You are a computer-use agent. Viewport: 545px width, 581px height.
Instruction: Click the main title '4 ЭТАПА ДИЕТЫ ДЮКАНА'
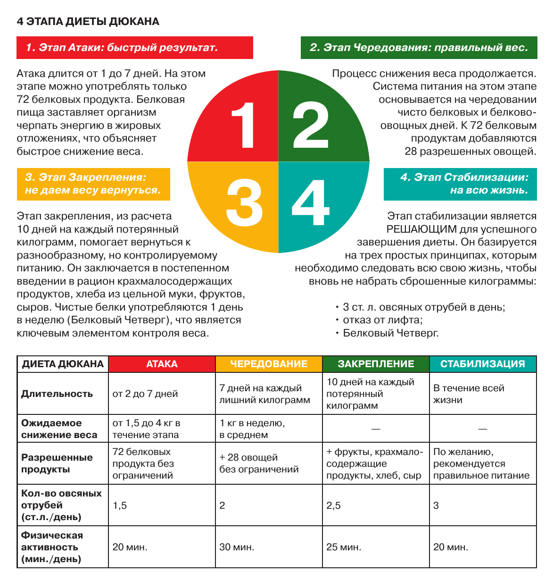click(88, 22)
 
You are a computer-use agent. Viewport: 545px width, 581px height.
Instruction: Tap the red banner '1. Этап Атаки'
click(134, 48)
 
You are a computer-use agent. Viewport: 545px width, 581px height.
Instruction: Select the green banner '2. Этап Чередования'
click(419, 48)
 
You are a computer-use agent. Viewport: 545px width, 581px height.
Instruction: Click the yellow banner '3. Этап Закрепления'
click(93, 184)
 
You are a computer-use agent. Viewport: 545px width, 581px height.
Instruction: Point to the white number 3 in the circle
click(244, 204)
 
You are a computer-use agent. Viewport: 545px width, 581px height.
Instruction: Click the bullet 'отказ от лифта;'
click(382, 320)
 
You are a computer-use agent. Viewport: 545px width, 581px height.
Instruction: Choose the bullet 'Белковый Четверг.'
click(390, 333)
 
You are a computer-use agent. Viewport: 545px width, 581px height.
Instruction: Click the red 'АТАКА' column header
click(162, 364)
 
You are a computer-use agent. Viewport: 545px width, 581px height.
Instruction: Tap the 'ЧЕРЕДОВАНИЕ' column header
click(269, 364)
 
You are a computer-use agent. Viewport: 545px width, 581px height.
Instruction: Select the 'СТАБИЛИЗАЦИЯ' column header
click(482, 364)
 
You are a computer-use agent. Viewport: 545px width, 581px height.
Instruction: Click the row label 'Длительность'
click(57, 394)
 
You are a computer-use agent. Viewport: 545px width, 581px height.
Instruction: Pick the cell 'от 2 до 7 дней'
click(145, 394)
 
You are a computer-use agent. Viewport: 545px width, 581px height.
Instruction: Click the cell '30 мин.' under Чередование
click(237, 547)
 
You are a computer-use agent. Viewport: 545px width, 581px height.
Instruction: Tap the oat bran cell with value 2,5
click(333, 505)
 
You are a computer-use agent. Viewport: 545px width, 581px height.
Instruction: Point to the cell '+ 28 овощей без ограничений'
click(259, 463)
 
